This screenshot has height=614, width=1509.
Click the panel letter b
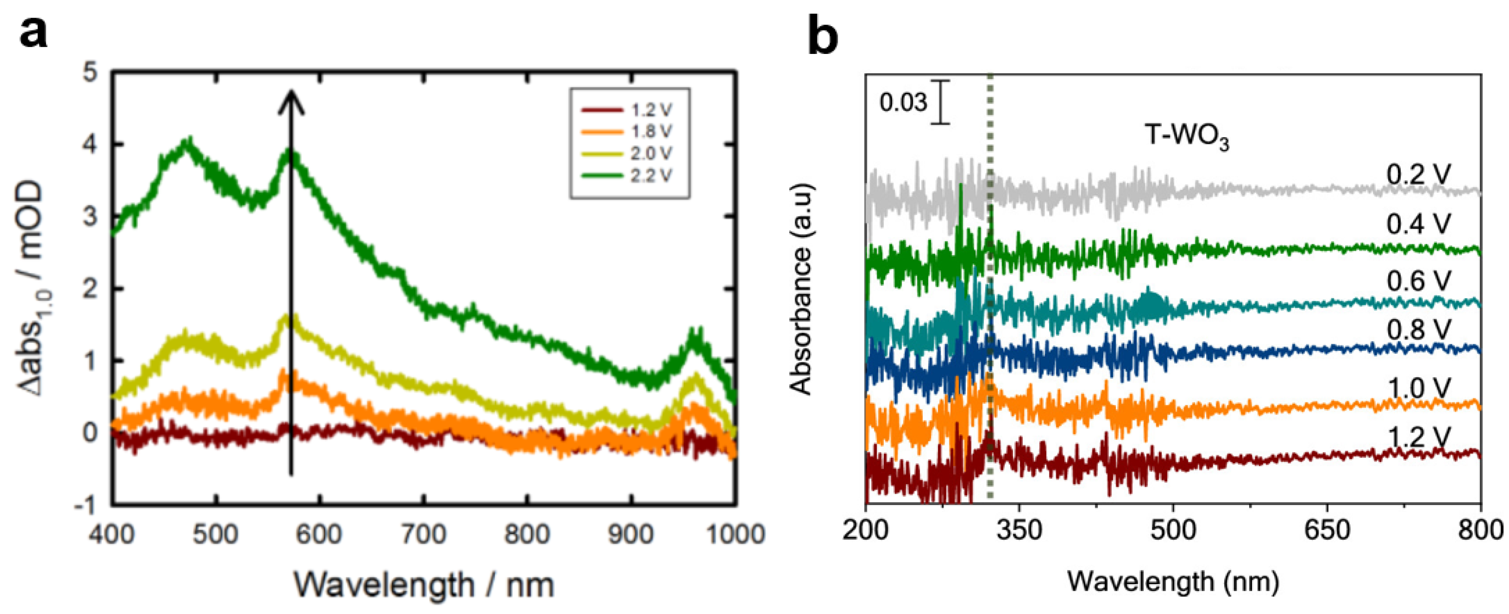[x=823, y=36]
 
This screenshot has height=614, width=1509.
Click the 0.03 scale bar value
[x=903, y=103]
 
